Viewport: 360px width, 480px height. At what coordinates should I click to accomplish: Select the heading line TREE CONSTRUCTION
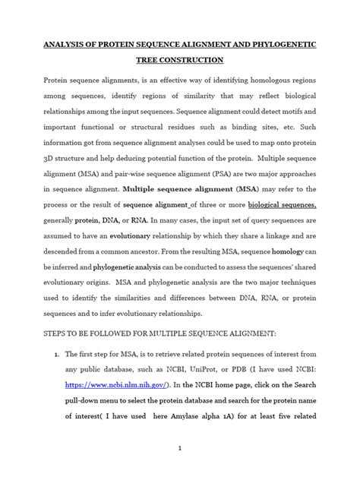point(179,60)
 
